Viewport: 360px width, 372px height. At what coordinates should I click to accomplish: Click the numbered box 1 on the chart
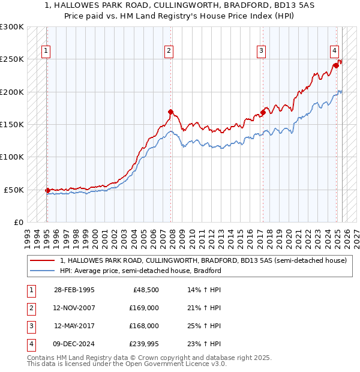46,51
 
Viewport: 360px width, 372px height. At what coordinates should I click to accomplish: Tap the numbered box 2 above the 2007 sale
170,51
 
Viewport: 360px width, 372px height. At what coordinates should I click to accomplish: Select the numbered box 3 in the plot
262,51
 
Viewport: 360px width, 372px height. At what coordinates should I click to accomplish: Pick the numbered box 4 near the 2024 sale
334,51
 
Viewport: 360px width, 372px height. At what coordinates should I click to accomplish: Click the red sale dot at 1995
47,190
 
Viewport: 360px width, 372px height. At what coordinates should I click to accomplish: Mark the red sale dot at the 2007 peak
171,112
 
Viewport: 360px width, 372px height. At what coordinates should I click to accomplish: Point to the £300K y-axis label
12,27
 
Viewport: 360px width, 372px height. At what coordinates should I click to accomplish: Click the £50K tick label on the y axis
14,190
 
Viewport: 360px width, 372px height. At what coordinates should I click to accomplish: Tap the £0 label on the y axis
18,222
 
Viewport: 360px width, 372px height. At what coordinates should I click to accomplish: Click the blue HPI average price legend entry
140,271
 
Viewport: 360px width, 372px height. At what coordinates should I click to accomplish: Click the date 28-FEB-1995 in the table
74,290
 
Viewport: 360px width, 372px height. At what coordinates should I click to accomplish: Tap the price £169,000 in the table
145,308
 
